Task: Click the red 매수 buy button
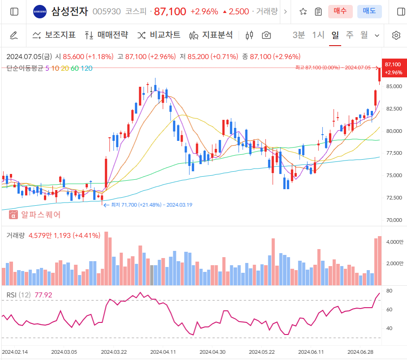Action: click(x=340, y=12)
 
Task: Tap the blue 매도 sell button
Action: click(x=369, y=12)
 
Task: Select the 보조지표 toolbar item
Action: click(x=54, y=35)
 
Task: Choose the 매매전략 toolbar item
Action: click(x=107, y=35)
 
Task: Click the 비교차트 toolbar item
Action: click(x=159, y=35)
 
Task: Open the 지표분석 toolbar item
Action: click(x=211, y=35)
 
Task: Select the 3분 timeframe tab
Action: click(x=299, y=35)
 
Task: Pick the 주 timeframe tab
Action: click(x=349, y=35)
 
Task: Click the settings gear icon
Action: click(x=396, y=35)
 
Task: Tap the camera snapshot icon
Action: click(x=266, y=35)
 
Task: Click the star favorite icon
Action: click(x=303, y=12)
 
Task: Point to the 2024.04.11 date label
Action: click(x=163, y=352)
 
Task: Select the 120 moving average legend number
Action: click(x=87, y=68)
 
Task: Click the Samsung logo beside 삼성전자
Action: click(x=39, y=12)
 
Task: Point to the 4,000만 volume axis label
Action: click(x=394, y=242)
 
